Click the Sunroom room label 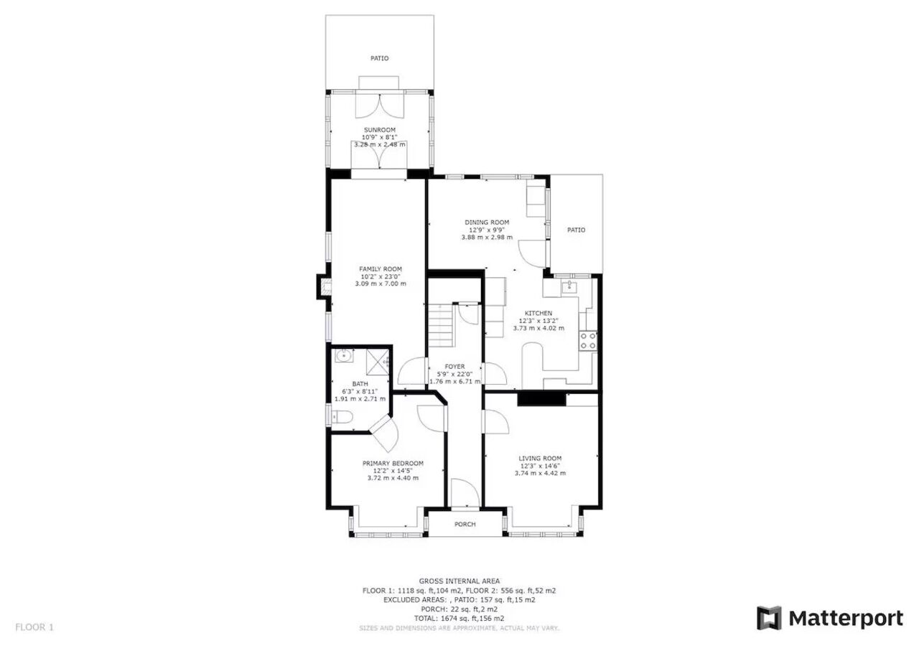point(380,130)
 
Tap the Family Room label point(381,269)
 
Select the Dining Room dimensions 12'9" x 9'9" point(487,230)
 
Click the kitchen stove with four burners point(588,341)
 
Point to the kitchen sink point(569,286)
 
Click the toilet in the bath point(342,417)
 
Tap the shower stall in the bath point(378,362)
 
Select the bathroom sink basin point(344,355)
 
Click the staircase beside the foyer point(441,325)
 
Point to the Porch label point(465,524)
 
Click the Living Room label point(540,459)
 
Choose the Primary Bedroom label point(393,464)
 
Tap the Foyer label point(454,366)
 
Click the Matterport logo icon point(769,618)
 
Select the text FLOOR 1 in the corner point(34,627)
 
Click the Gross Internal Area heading point(459,581)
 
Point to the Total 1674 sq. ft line point(459,618)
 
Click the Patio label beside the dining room point(576,230)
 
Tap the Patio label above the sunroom point(380,58)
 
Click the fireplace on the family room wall point(324,286)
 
